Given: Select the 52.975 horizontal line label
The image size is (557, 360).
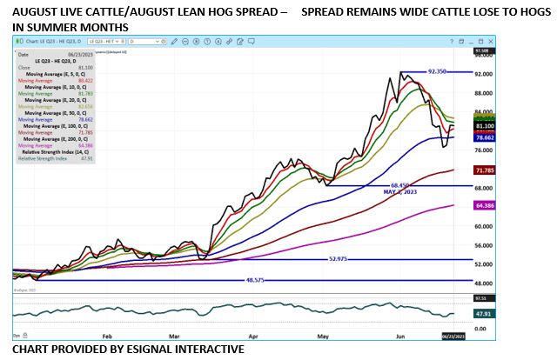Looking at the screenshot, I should pyautogui.click(x=343, y=258).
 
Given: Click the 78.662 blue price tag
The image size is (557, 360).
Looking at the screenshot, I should pyautogui.click(x=486, y=137).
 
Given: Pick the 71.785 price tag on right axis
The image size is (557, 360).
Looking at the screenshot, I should pyautogui.click(x=486, y=170).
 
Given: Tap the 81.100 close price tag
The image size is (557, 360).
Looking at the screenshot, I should pyautogui.click(x=486, y=126).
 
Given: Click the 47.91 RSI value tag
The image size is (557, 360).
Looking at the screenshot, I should pyautogui.click(x=484, y=314).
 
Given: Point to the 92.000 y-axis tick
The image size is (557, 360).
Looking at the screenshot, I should pyautogui.click(x=484, y=74).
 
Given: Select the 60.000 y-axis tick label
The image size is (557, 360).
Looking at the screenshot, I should pyautogui.click(x=484, y=225).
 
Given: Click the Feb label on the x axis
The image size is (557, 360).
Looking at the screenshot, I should pyautogui.click(x=107, y=334).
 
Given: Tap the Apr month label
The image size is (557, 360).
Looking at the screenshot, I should pyautogui.click(x=253, y=334).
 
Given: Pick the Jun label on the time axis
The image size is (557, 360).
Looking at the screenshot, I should pyautogui.click(x=399, y=334).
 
